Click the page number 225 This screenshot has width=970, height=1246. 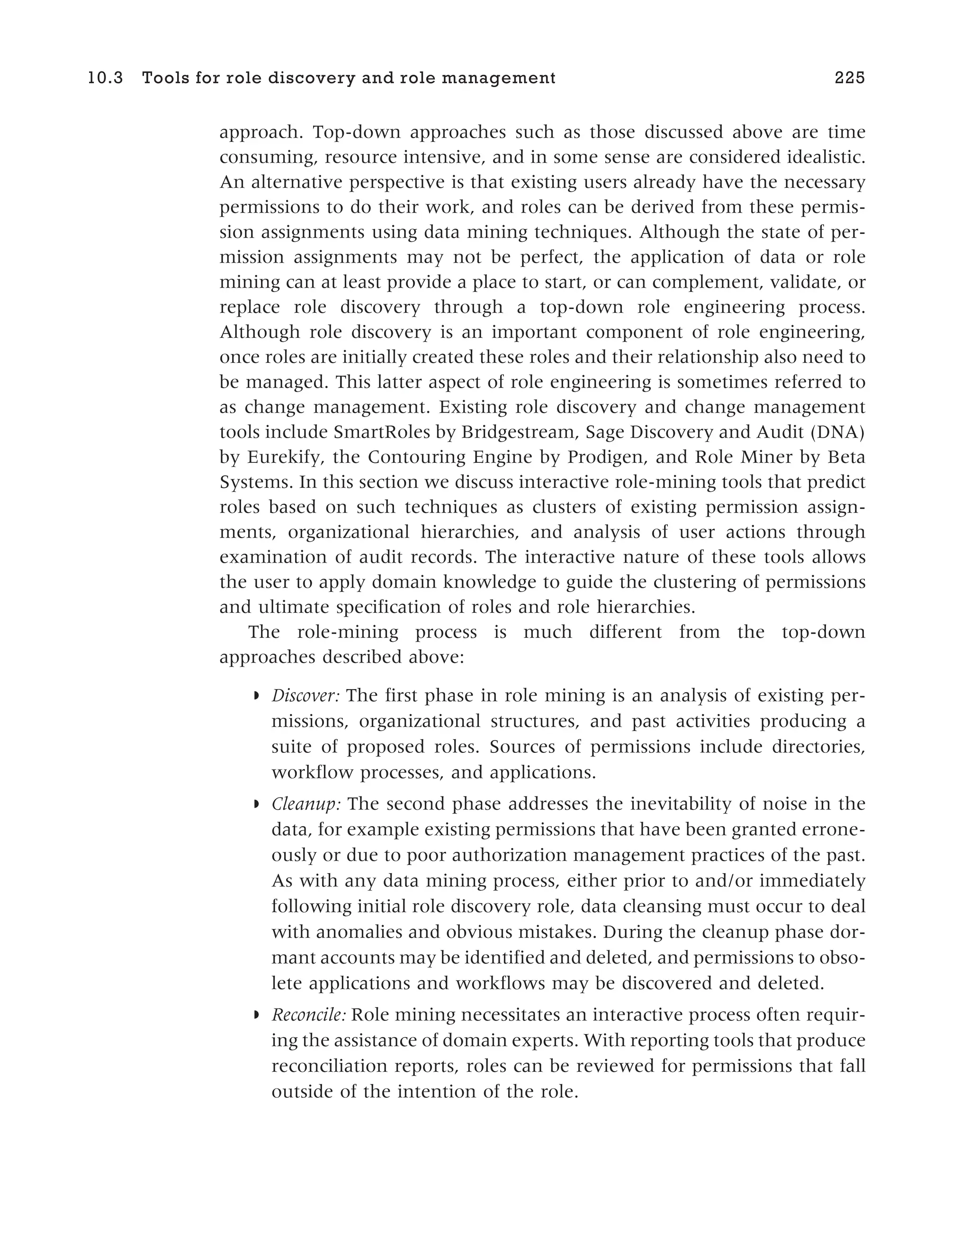[850, 78]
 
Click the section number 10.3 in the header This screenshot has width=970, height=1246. [106, 78]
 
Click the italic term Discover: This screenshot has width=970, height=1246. [306, 696]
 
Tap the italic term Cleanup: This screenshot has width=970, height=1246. [306, 804]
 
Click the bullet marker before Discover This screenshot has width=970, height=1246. [256, 696]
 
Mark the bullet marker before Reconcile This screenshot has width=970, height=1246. [256, 1015]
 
